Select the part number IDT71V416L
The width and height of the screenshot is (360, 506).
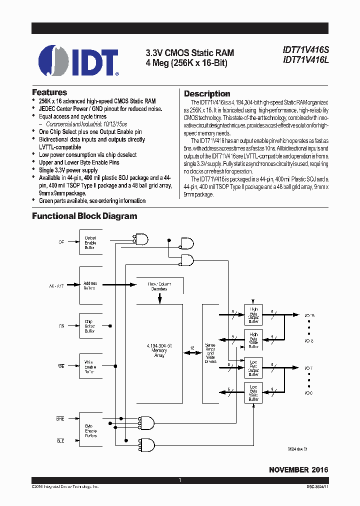click(x=305, y=60)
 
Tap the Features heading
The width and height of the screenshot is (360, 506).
click(x=49, y=92)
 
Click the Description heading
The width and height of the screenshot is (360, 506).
click(x=207, y=93)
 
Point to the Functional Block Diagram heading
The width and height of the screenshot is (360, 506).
click(x=84, y=216)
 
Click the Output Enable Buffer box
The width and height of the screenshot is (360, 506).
click(x=90, y=242)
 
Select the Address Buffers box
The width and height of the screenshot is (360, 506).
click(x=90, y=286)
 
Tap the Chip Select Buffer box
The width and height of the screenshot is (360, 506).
click(x=90, y=326)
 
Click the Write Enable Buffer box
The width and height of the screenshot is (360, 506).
click(x=90, y=367)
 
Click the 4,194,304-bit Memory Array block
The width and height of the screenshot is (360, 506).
click(x=159, y=350)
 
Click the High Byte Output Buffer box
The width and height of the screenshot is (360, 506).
click(x=253, y=315)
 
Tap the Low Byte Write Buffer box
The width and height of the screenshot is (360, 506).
click(x=253, y=392)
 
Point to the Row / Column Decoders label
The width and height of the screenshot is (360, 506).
click(x=159, y=286)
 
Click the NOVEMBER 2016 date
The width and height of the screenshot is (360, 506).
click(x=298, y=470)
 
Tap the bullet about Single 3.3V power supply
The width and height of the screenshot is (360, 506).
click(x=68, y=170)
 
